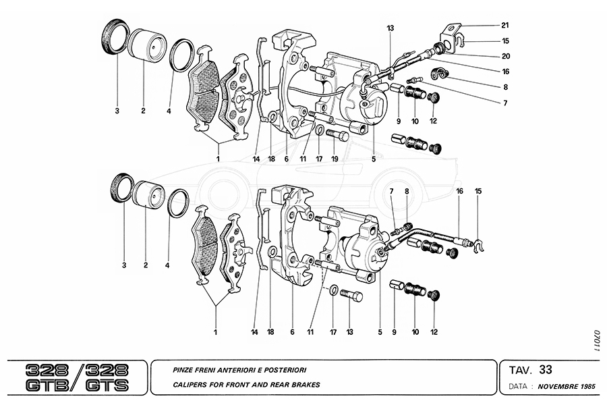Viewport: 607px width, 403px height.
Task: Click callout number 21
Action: tap(504, 26)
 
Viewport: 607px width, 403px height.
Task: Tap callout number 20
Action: tap(504, 56)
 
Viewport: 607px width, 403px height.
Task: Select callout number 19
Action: tap(335, 160)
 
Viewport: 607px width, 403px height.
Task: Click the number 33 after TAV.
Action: tap(546, 369)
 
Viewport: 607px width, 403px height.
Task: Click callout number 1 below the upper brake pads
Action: tap(218, 159)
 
